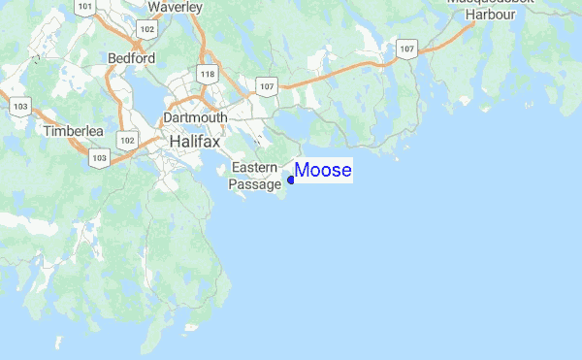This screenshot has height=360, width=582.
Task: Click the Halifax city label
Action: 194,142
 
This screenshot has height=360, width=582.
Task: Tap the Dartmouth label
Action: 196,117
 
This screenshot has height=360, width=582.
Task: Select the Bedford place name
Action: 132,58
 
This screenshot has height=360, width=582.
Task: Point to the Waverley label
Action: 175,8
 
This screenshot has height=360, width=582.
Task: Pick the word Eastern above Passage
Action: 254,168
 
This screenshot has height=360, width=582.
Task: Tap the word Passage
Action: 254,183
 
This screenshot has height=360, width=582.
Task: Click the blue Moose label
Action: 323,171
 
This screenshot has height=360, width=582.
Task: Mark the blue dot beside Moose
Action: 291,180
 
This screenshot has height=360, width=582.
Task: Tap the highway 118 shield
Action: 206,74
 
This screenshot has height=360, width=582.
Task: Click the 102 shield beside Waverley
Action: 146,30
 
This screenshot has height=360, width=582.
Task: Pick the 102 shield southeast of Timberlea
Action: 127,140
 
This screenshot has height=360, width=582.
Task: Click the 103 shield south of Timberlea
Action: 98,156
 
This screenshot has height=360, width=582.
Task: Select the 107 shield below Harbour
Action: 406,48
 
